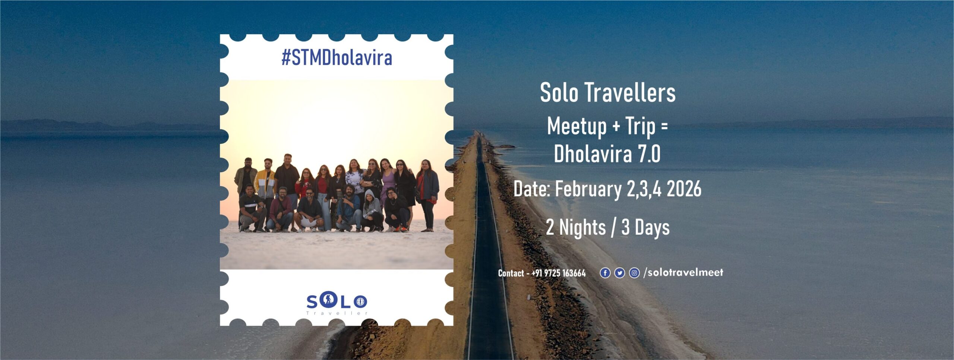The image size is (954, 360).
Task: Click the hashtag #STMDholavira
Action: [x=337, y=58]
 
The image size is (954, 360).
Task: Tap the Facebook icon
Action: [x=605, y=273]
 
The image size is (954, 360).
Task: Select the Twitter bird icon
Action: [x=619, y=273]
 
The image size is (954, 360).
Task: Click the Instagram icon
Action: [x=634, y=273]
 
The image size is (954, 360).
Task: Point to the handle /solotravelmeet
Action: [x=683, y=272]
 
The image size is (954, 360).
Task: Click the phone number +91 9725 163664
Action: [x=559, y=273]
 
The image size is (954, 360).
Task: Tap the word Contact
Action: [x=511, y=273]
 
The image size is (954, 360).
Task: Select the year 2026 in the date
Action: [x=684, y=189]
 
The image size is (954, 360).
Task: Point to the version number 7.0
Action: [x=649, y=154]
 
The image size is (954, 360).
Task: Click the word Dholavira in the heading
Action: [x=593, y=154]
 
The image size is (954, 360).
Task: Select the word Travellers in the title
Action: [x=630, y=92]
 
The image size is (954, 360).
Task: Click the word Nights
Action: [x=582, y=228]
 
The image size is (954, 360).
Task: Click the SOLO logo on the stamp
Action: [x=337, y=300]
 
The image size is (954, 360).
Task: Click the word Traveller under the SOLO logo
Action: [x=337, y=313]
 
